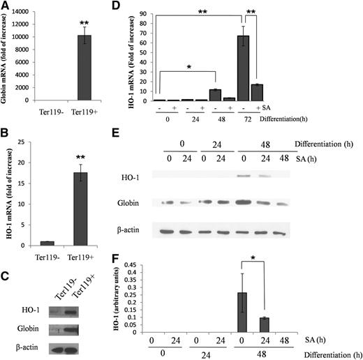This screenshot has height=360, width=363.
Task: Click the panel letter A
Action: [x=6, y=6]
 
